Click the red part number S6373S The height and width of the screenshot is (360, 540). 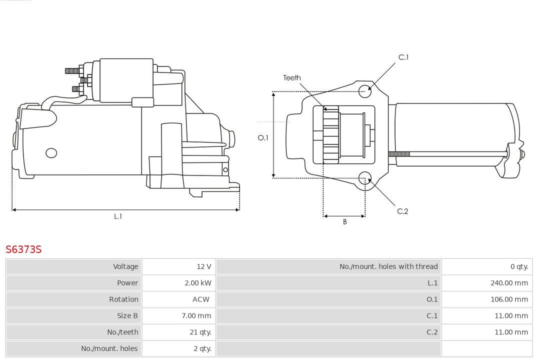(23, 249)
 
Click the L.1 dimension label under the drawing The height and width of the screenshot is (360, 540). (118, 216)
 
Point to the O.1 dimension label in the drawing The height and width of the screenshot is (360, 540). (263, 137)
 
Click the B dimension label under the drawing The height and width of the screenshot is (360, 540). (344, 222)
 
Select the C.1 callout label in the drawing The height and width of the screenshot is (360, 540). (403, 57)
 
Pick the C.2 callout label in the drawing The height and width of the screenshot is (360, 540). (402, 211)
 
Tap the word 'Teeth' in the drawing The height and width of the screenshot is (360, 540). (292, 78)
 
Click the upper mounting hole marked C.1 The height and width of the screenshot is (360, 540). (365, 90)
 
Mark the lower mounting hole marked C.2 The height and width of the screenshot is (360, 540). (365, 178)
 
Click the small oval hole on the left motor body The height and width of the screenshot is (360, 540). (51, 153)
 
